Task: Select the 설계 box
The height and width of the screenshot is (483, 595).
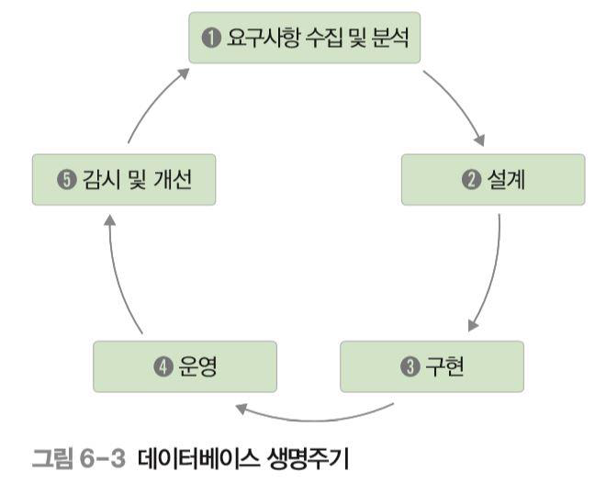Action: pos(493,179)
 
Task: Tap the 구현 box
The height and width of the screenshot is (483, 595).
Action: pos(432,366)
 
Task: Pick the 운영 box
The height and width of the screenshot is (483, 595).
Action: pos(185,366)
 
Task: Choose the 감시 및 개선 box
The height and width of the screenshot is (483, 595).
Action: pos(123,179)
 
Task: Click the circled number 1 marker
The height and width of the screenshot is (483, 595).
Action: pos(208,39)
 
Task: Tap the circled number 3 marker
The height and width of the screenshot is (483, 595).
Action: pos(409,367)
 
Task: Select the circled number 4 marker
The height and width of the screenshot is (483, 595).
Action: pos(163,367)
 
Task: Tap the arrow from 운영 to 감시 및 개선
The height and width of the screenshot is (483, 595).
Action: pos(115,275)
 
